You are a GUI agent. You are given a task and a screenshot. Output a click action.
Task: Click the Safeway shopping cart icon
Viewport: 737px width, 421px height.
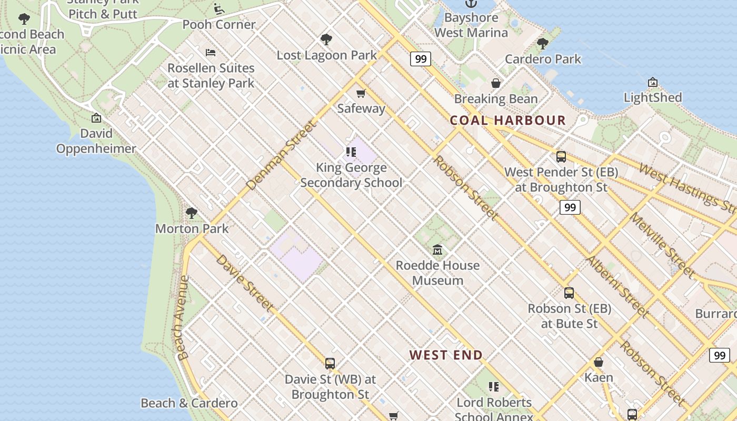(361, 94)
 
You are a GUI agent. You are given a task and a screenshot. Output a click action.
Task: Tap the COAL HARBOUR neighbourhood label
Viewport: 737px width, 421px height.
(507, 120)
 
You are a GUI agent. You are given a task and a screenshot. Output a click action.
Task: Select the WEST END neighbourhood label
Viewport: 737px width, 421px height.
(446, 355)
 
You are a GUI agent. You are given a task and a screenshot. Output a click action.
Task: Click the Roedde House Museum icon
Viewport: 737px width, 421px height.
(437, 249)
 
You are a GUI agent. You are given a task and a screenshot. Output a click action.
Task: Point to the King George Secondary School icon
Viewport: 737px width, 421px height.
(351, 152)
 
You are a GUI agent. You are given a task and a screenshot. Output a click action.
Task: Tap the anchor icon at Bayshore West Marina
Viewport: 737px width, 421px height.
(470, 3)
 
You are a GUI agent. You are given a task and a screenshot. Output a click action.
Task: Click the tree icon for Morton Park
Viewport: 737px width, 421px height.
(192, 213)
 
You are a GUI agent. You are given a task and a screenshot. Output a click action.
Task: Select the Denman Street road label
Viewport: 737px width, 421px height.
(282, 155)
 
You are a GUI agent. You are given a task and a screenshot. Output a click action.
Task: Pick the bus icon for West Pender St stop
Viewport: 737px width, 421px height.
(561, 156)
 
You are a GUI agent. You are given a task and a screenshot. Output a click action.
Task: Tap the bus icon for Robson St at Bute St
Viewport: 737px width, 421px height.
(569, 293)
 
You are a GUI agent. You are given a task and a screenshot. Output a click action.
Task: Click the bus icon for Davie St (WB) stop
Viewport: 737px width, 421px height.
(330, 363)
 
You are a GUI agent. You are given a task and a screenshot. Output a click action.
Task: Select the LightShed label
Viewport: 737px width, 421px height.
(652, 97)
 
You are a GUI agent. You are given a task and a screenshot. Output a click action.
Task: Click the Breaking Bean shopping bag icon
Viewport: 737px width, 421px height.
(495, 83)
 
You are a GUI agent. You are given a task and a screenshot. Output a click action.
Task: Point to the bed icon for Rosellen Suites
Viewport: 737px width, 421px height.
(211, 53)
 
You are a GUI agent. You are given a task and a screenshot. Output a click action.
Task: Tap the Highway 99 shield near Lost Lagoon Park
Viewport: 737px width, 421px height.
(420, 59)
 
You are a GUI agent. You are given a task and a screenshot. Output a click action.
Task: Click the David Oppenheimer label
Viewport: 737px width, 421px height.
(96, 141)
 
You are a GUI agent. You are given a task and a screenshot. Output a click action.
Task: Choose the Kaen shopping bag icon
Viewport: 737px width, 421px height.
(599, 362)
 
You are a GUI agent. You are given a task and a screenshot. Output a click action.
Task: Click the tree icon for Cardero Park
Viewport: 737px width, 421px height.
(543, 44)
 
